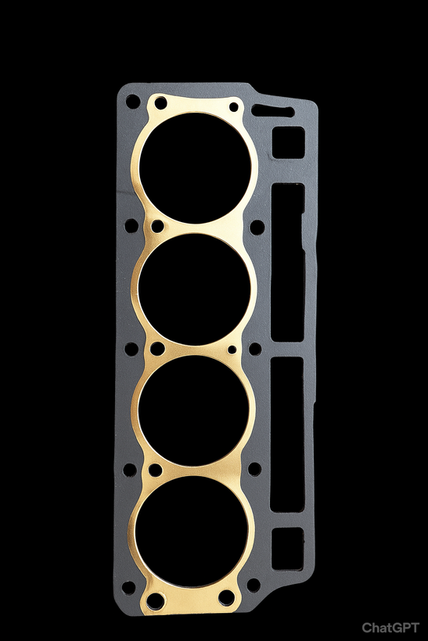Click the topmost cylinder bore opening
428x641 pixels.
[x=195, y=168]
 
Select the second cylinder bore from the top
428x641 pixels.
[x=194, y=289]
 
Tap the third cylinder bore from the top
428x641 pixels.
[x=194, y=410]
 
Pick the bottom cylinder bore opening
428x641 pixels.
[x=192, y=532]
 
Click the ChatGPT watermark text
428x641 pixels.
[x=390, y=628]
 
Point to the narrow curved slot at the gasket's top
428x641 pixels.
[x=273, y=111]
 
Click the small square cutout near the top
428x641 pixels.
[x=289, y=142]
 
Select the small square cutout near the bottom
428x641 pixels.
[x=288, y=549]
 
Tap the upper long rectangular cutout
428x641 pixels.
[x=288, y=262]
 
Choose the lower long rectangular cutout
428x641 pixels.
[x=287, y=434]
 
